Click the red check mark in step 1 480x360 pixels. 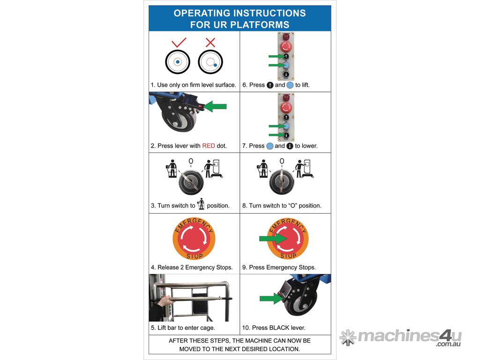[179, 43]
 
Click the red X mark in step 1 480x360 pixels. [210, 42]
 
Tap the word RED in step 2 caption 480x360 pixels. [209, 146]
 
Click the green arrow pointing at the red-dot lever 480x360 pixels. [215, 106]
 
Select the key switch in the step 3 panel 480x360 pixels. [191, 182]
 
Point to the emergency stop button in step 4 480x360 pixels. [194, 239]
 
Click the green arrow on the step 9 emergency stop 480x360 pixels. [273, 239]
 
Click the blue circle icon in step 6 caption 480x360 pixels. [290, 85]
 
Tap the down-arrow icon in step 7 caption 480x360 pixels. [290, 146]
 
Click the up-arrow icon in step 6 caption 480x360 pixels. [270, 85]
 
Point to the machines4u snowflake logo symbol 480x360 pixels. [348, 337]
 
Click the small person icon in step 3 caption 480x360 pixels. [201, 204]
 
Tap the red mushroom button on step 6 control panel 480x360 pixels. [286, 47]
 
